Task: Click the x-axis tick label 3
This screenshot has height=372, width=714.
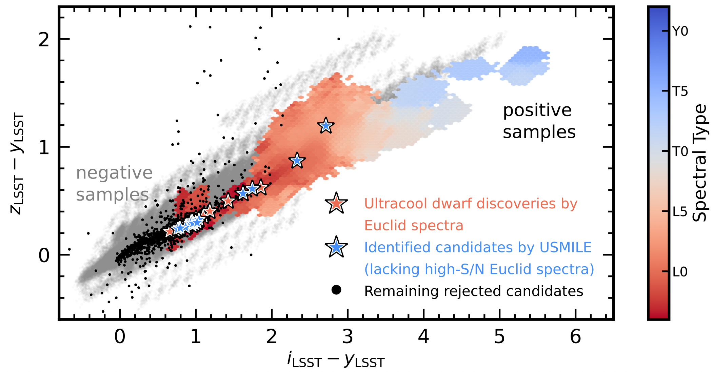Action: tap(348, 337)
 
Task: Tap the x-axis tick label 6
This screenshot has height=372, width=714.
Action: tap(575, 337)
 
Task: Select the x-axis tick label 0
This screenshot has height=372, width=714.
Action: tap(119, 337)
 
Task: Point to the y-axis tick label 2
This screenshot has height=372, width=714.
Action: tap(44, 40)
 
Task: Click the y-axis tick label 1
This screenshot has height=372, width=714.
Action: tap(44, 147)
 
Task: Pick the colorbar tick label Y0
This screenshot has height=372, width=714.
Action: tap(680, 32)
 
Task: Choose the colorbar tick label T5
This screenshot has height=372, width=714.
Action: tap(680, 91)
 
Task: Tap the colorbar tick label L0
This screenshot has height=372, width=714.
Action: tap(680, 272)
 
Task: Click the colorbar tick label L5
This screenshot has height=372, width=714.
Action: tap(680, 212)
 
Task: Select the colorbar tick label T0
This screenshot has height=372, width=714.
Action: tap(680, 152)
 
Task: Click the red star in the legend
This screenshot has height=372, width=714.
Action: tap(336, 204)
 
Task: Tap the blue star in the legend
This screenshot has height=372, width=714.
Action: tap(336, 247)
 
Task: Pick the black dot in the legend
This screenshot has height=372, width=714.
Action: tap(336, 290)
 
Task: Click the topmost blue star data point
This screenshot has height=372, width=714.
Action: tap(326, 126)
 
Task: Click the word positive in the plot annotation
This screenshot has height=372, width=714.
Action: tap(537, 111)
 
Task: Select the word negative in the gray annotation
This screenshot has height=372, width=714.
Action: tap(114, 173)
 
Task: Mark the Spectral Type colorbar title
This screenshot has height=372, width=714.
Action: tap(699, 163)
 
